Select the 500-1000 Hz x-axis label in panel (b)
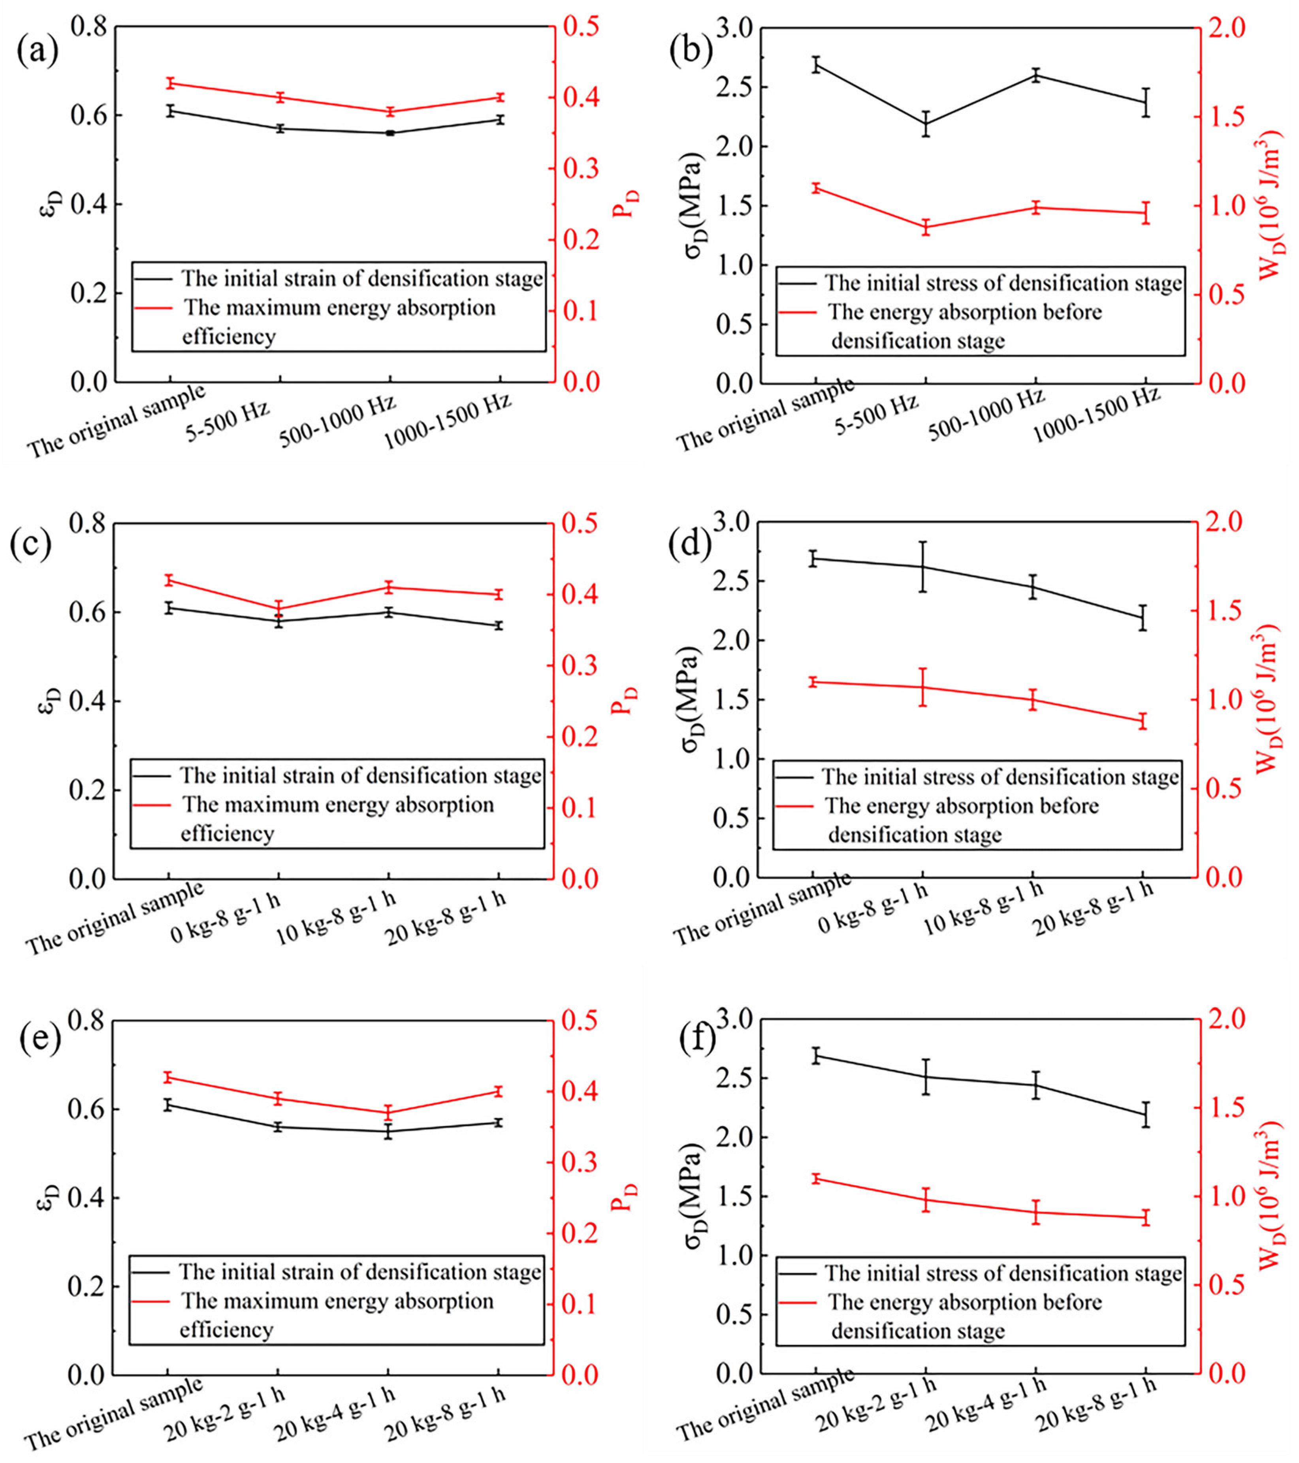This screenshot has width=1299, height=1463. click(986, 414)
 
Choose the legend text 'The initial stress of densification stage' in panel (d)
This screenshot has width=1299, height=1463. click(1000, 777)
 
